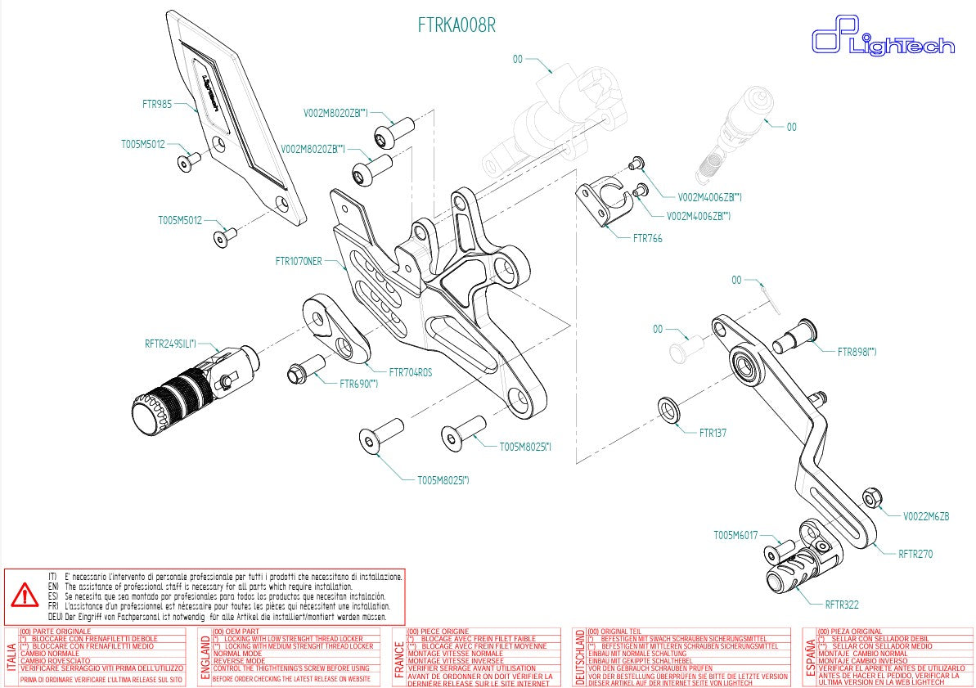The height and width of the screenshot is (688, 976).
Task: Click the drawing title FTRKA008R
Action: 457,26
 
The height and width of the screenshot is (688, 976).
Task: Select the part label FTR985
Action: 157,104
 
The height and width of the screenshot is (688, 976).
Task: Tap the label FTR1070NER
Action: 299,262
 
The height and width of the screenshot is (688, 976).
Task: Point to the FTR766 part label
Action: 647,239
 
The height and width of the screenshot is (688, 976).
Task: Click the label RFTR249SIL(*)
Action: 170,344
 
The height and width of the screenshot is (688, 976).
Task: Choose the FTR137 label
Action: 713,433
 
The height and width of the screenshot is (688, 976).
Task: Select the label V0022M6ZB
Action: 926,516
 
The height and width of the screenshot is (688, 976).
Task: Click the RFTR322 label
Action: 842,605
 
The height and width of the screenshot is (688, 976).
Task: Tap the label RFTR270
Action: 915,554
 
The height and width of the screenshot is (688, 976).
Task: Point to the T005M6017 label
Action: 735,536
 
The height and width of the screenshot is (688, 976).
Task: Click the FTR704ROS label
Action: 411,371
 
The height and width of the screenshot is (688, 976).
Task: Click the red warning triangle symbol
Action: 25,595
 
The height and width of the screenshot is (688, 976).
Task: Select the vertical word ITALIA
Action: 10,657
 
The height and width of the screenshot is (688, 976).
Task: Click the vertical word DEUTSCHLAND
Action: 581,657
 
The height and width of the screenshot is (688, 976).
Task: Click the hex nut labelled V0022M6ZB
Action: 871,496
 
